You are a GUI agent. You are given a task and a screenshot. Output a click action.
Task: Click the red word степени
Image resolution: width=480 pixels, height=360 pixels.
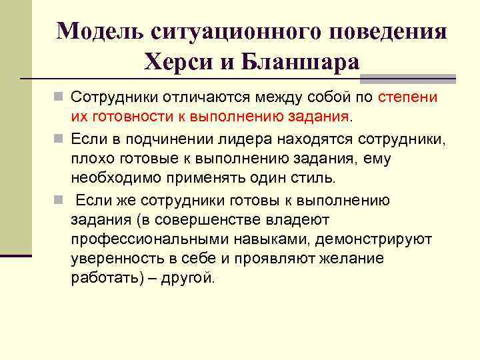pos(408,97)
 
